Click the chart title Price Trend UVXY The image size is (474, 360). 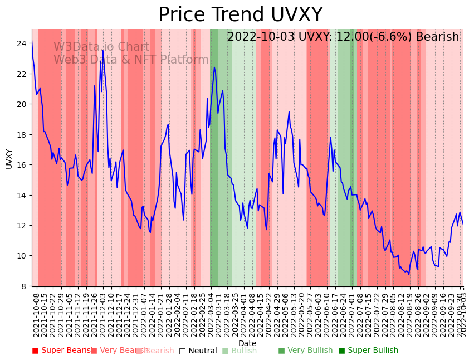point(240,15)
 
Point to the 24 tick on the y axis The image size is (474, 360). point(22,43)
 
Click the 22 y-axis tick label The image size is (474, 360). point(22,74)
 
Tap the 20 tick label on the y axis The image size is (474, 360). point(22,104)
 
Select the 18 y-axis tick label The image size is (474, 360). point(22,134)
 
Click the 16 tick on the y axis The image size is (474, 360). point(22,165)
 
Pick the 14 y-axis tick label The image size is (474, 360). point(22,195)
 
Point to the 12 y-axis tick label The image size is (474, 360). point(22,226)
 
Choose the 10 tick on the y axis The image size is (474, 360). point(22,256)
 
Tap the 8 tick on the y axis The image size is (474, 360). point(25,286)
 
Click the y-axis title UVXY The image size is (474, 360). point(9,158)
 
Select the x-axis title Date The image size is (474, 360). point(247,344)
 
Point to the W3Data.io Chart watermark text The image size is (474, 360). point(101,47)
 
